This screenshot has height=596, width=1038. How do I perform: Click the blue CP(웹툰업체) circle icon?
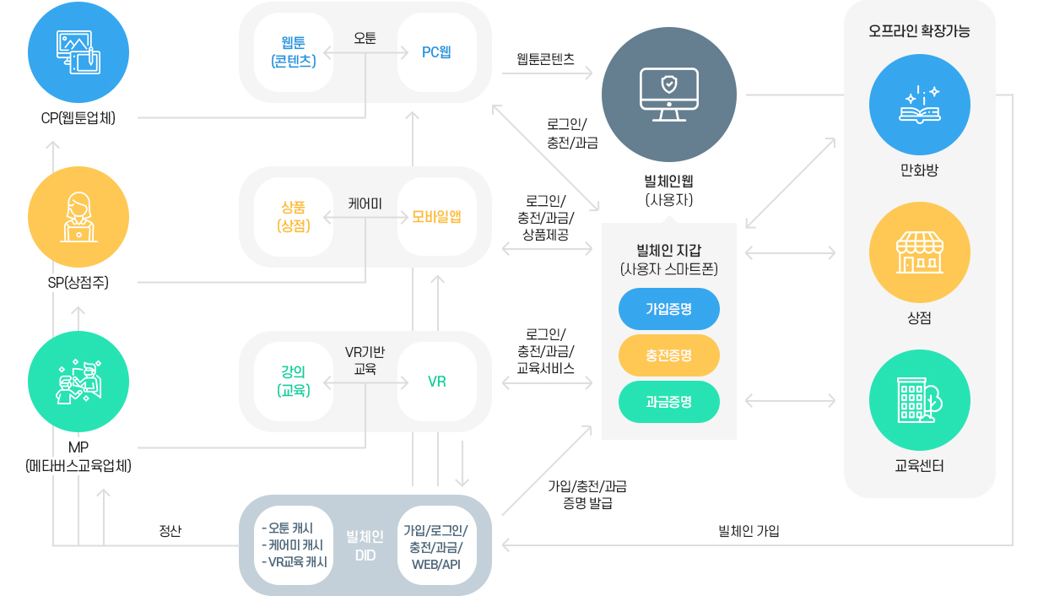(x=78, y=51)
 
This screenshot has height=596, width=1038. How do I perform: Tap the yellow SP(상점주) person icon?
(x=78, y=217)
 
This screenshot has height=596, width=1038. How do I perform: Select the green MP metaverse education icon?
(x=78, y=382)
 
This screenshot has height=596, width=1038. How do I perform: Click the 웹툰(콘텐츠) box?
(x=294, y=51)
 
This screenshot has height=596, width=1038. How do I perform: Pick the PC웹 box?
(x=436, y=51)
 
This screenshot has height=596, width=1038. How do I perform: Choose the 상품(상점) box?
(x=294, y=217)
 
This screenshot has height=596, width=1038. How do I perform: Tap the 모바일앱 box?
(x=436, y=217)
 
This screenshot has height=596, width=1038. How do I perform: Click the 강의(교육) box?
(x=294, y=382)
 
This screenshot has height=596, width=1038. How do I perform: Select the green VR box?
(x=436, y=382)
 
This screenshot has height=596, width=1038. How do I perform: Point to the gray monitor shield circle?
(x=668, y=95)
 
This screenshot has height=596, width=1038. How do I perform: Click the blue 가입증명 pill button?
(x=668, y=309)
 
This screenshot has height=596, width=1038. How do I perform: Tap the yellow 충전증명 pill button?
(x=668, y=355)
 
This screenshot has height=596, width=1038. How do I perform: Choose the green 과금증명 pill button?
(x=668, y=402)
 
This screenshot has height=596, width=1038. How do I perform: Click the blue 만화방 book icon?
(x=919, y=105)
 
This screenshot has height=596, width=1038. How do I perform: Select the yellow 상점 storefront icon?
(x=919, y=252)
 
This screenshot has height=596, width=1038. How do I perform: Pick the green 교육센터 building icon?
(x=919, y=400)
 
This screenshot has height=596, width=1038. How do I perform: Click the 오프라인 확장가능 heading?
(x=919, y=31)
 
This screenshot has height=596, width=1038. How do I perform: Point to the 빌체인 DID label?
(x=365, y=546)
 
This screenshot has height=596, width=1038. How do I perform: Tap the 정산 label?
(x=170, y=531)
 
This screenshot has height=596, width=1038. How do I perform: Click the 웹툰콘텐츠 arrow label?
(x=545, y=59)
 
